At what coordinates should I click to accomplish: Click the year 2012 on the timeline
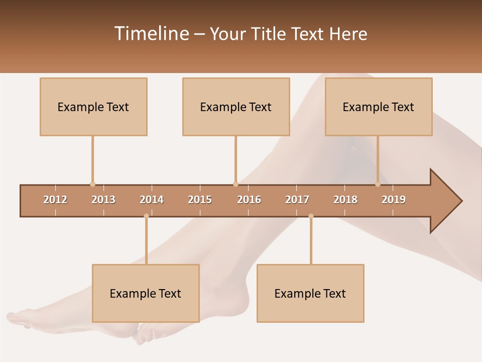[x=55, y=200]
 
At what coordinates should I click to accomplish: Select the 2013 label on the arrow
[x=103, y=200]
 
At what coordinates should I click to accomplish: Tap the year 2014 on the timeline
[x=152, y=200]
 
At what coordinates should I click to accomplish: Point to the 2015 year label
[x=200, y=200]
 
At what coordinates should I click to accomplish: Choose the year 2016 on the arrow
[x=249, y=200]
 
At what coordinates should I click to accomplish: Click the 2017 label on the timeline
[x=297, y=200]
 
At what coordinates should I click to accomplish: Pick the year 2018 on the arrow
[x=345, y=200]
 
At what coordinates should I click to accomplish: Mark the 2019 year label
[x=394, y=200]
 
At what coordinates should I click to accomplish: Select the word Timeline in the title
[x=151, y=34]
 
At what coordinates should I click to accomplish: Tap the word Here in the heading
[x=348, y=34]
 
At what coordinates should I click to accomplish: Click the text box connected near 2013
[x=93, y=107]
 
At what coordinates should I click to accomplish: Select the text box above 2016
[x=236, y=107]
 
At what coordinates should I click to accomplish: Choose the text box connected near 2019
[x=379, y=107]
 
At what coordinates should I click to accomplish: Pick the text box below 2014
[x=146, y=293]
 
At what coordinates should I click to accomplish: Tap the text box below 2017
[x=310, y=293]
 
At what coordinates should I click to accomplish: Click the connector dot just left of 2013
[x=92, y=184]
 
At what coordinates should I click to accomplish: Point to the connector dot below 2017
[x=311, y=216]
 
